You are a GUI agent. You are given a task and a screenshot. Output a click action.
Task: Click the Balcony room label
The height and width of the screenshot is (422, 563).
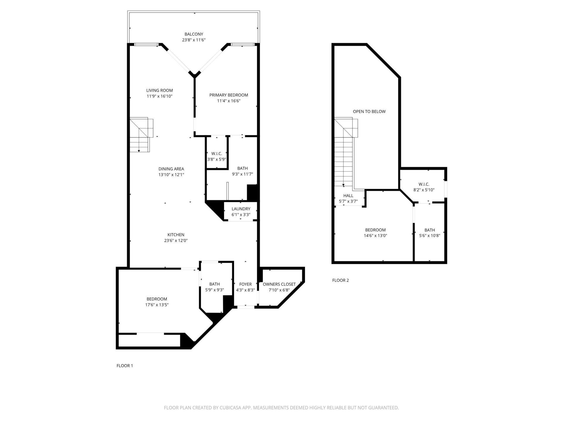point(194,34)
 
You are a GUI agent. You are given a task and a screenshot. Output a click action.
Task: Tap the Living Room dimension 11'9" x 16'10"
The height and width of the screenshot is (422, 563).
point(160,96)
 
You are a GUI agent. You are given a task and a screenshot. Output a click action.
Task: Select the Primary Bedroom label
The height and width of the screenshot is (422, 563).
point(228,95)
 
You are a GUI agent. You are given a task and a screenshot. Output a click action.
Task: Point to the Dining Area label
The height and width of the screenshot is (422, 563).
point(171,169)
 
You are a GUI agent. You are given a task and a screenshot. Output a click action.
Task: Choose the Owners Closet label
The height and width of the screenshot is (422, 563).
point(279,284)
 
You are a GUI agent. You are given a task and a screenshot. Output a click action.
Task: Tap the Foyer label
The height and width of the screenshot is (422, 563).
point(245,284)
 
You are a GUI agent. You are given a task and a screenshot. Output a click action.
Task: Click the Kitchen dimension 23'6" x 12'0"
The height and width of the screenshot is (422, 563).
point(176,241)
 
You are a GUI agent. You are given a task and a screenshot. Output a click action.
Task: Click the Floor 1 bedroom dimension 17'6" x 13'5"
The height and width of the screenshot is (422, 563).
point(157,305)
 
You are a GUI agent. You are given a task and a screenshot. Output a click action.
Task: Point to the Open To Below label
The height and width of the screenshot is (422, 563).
point(369,111)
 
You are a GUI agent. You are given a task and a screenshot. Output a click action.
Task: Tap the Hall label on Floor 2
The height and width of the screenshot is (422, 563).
point(348,195)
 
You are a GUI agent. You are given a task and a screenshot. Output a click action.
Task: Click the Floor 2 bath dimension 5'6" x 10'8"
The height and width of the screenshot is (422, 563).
point(429,236)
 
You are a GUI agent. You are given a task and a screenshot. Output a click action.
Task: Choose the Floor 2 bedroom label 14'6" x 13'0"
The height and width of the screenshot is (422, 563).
point(375,230)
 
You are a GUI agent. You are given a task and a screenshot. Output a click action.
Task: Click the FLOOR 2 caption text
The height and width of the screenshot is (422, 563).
point(340,280)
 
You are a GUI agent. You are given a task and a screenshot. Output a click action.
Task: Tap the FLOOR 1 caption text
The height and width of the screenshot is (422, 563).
point(125,365)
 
